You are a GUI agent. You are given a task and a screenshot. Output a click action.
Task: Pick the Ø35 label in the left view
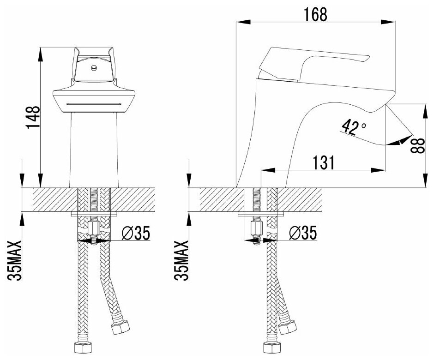tap(136, 234)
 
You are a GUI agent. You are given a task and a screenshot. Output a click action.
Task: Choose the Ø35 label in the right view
tap(303, 234)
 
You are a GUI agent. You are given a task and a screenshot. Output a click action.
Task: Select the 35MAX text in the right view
tap(181, 260)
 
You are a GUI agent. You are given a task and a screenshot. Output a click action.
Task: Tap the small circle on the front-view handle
tap(94, 68)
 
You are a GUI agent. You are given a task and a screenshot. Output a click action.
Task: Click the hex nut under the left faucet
tap(94, 228)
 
